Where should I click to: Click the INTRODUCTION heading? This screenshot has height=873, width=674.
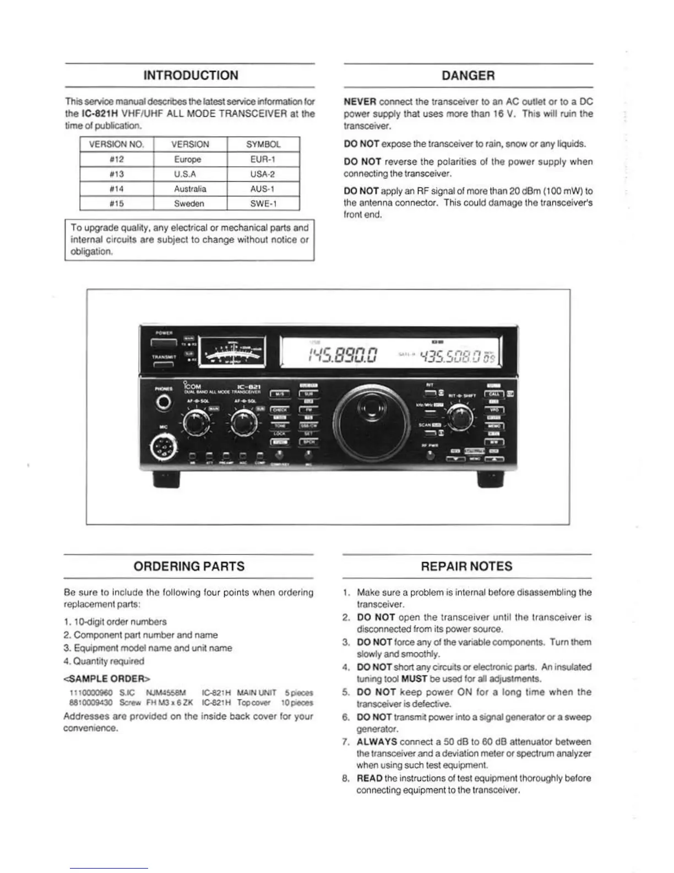(191, 76)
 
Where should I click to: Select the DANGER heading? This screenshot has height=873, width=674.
(468, 76)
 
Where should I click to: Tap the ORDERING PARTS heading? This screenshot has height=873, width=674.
(189, 566)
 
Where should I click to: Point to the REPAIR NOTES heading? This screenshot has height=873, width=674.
(466, 566)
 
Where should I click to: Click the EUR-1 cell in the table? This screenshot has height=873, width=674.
(263, 159)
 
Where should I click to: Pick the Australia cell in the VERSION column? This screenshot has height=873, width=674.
(190, 189)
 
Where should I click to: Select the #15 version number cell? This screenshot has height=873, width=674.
(116, 203)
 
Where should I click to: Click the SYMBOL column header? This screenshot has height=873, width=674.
(263, 144)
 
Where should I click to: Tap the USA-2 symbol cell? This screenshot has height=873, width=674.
(263, 174)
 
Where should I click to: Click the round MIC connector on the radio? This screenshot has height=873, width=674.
(164, 447)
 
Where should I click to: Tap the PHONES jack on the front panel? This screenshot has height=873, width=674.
(164, 403)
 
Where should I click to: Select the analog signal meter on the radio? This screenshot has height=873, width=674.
(232, 352)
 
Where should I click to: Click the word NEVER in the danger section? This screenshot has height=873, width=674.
(360, 102)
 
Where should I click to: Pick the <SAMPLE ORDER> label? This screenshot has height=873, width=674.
(107, 677)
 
